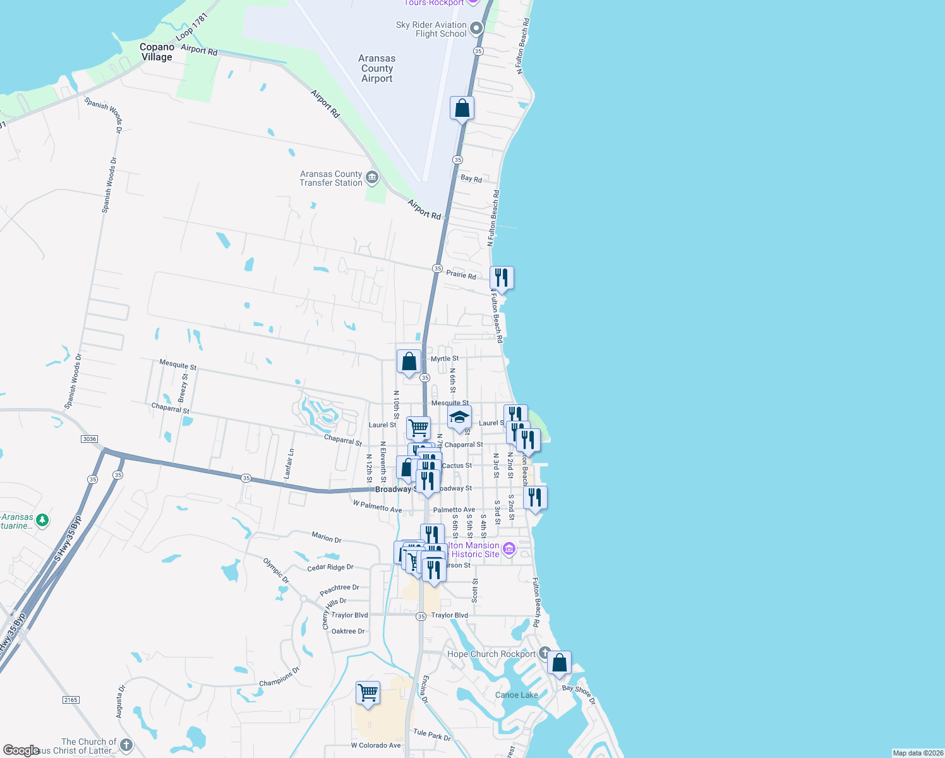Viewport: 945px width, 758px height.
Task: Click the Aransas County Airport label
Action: [377, 68]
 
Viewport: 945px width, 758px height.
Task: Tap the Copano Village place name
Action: [157, 52]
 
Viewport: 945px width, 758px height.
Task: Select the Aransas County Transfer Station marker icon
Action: [372, 177]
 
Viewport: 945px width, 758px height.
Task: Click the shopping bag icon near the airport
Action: [462, 109]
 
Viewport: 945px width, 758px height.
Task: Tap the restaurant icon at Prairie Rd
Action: [502, 278]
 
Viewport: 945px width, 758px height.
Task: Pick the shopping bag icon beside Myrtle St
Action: [409, 362]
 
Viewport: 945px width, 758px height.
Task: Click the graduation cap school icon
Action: [459, 418]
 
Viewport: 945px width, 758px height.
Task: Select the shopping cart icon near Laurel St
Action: [418, 428]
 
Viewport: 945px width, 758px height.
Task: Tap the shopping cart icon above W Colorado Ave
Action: [368, 693]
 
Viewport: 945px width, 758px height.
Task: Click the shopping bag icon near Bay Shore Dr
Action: [559, 663]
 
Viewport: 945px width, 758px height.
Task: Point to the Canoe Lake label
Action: [516, 695]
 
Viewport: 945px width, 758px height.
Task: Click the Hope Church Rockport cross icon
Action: [545, 653]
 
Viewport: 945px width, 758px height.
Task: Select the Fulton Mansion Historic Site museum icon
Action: [509, 549]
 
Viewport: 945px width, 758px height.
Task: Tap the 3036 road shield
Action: [89, 439]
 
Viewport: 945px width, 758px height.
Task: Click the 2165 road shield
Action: [71, 700]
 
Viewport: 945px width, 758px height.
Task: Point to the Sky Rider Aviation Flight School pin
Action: [476, 28]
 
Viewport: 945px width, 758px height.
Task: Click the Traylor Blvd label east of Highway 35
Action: [450, 615]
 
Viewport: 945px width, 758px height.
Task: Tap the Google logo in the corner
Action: [21, 750]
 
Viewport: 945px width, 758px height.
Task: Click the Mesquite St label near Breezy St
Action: [178, 364]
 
